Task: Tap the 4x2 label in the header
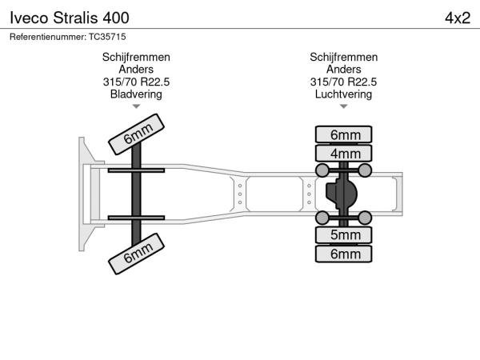pos(457,17)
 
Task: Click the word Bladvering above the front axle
pos(136,94)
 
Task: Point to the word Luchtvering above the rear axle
pos(344,94)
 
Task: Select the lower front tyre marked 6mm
pos(138,254)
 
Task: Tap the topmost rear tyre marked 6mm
pos(344,134)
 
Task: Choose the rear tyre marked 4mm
pos(344,153)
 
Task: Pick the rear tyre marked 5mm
pos(344,235)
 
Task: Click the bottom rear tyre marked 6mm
pos(344,254)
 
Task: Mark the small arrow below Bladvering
pos(136,106)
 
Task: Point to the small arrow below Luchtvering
pos(344,106)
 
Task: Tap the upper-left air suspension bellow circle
pos(322,170)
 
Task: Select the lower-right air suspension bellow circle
pos(365,218)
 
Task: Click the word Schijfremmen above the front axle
pos(136,58)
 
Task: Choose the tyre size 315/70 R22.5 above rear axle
pos(344,82)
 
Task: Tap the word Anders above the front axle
pos(136,70)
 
